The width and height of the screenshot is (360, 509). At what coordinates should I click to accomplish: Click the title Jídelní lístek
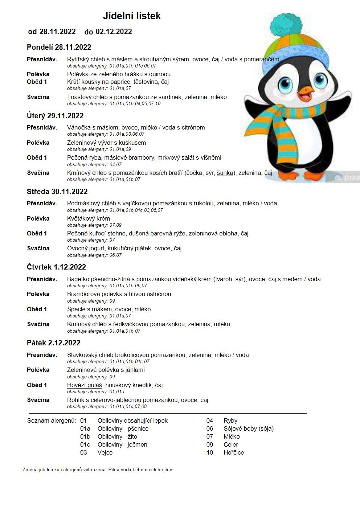132,16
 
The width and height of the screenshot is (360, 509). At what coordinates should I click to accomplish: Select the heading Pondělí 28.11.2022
59,47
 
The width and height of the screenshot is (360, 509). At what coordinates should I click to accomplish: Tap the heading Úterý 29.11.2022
55,116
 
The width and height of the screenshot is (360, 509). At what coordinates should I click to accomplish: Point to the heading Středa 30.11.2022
57,192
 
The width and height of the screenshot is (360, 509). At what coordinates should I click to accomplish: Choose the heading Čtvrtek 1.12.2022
56,267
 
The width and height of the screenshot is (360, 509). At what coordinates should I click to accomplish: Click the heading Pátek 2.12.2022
54,343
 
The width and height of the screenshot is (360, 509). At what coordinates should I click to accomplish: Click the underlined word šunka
225,173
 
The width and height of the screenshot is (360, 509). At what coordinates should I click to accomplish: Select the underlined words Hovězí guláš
85,385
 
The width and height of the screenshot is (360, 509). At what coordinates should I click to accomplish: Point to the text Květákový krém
89,218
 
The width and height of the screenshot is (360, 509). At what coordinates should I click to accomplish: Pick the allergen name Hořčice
234,452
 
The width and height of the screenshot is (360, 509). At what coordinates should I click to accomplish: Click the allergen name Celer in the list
231,444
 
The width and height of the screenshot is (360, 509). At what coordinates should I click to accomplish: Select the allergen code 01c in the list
85,444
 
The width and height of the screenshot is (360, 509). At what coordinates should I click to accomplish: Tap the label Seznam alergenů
52,420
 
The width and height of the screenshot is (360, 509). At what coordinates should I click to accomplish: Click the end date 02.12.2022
114,32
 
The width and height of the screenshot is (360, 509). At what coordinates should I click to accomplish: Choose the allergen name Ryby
230,420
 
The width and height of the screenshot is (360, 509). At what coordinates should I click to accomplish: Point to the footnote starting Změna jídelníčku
98,469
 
